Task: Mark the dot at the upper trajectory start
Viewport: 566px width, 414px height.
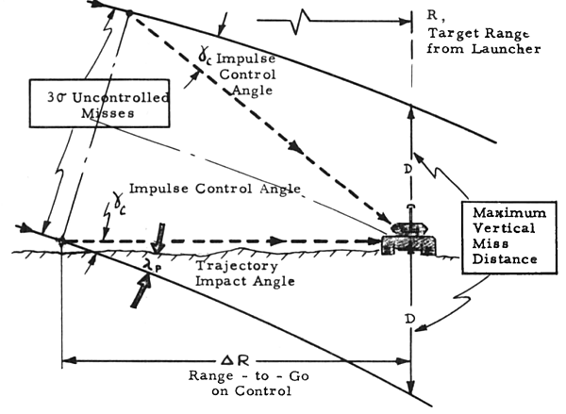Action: point(129,12)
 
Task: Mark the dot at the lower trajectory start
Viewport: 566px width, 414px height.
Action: point(62,240)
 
